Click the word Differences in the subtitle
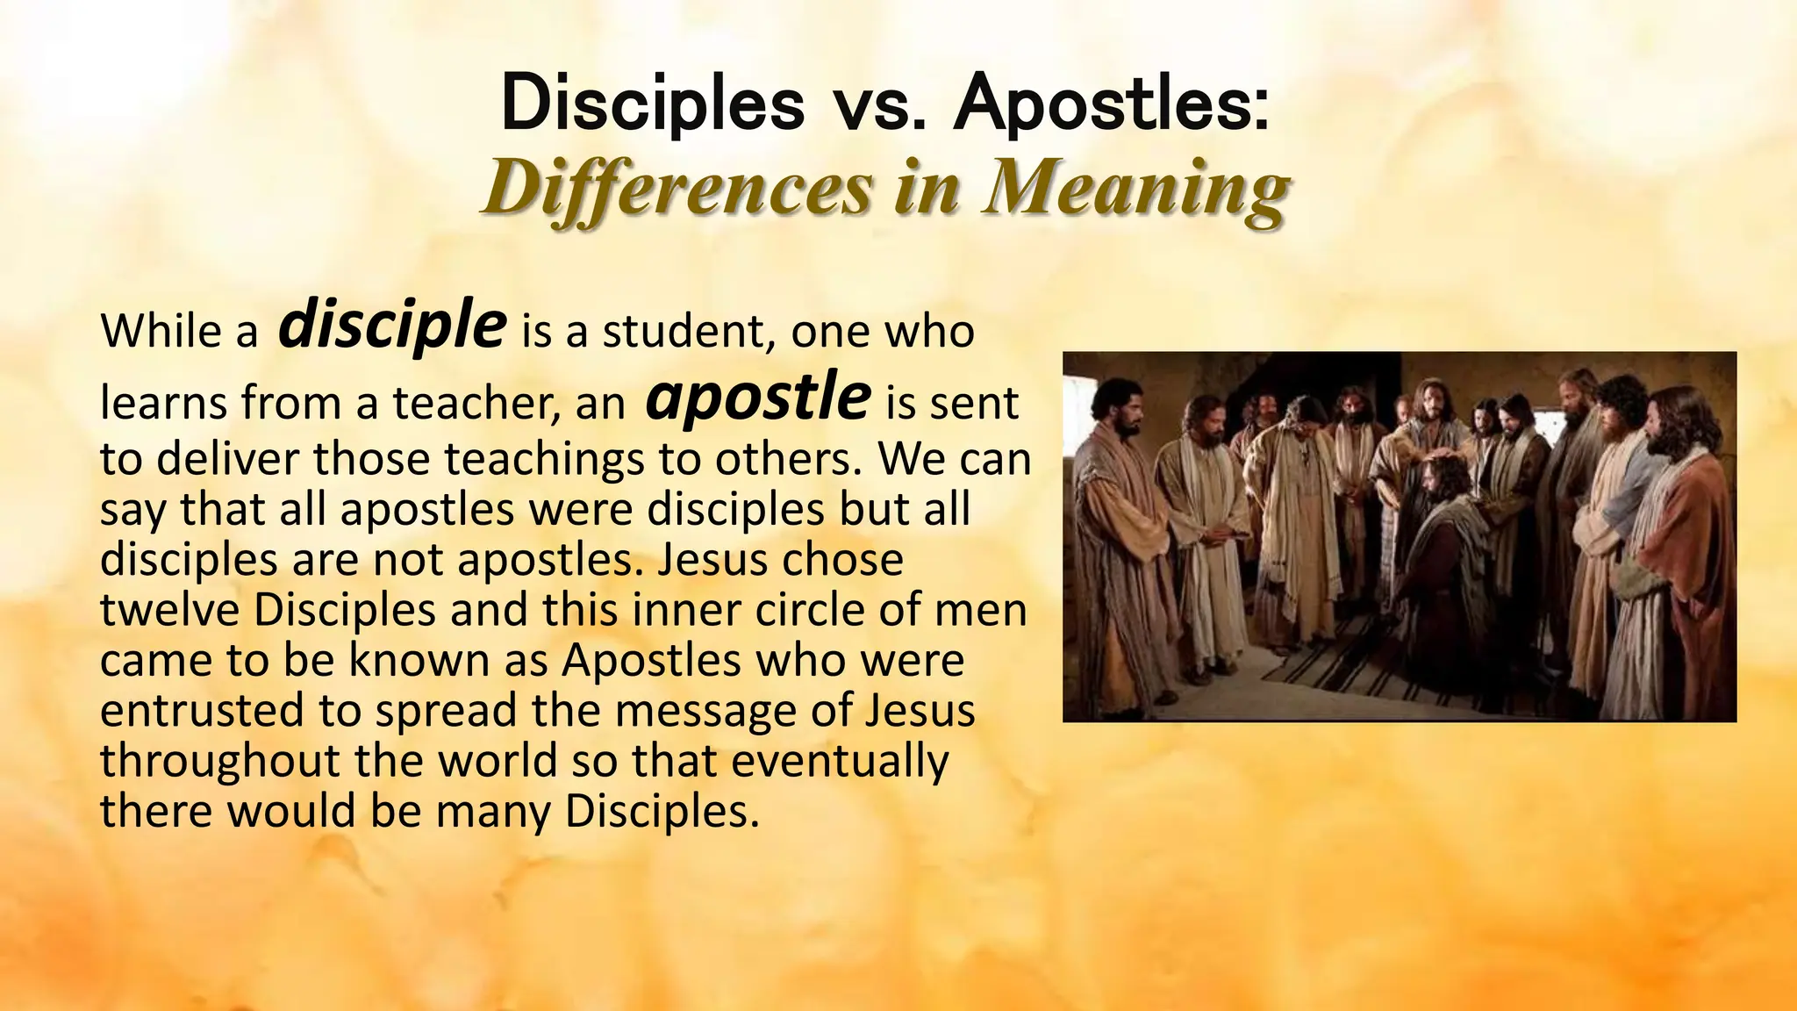(x=677, y=188)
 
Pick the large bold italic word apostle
(x=757, y=397)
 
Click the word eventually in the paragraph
(x=840, y=761)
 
